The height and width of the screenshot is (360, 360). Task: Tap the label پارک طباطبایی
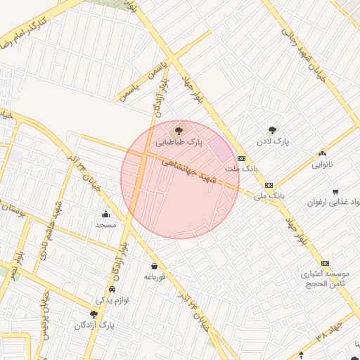179,142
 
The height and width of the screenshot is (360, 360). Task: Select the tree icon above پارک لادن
272,129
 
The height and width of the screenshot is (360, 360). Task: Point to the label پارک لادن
272,142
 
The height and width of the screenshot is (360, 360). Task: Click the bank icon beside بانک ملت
241,159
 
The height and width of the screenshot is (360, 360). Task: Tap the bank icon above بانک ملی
268,184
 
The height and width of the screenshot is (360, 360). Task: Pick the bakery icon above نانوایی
322,153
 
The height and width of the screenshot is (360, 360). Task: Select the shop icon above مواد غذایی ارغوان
335,191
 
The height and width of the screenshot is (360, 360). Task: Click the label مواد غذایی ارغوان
333,202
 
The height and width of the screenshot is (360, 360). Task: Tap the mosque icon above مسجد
105,214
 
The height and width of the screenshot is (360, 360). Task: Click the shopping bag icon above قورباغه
154,266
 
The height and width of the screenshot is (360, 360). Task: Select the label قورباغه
154,277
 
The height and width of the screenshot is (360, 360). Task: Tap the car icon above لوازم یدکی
112,289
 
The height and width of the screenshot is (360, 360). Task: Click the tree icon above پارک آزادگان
94,314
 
